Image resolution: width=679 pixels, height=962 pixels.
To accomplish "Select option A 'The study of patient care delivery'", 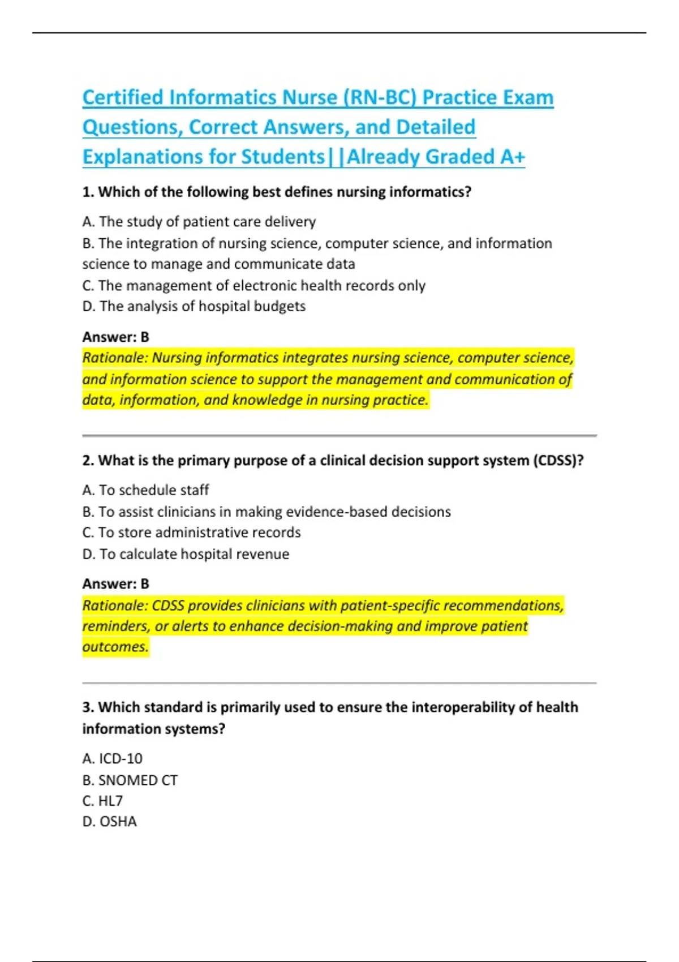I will click(199, 222).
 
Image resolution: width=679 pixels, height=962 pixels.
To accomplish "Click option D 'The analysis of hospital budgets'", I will click(194, 306).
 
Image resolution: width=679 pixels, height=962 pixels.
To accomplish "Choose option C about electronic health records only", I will click(253, 286).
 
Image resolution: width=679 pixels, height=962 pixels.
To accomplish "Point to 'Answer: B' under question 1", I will click(115, 337).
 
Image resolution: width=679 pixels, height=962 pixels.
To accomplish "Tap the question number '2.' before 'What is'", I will click(88, 461).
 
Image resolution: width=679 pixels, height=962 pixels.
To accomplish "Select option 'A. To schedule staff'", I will click(145, 490).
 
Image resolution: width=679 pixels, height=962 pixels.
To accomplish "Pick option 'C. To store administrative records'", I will click(191, 532).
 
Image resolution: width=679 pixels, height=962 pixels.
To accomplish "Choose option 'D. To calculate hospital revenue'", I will click(186, 554).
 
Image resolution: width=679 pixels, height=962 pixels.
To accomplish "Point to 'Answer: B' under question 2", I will click(115, 584).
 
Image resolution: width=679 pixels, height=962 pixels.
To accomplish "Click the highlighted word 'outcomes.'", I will click(115, 647).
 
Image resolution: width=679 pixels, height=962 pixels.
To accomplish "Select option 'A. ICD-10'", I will click(112, 759).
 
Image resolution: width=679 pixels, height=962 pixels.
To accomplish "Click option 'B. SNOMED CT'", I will click(130, 780).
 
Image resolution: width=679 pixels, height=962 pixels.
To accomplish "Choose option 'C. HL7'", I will click(102, 801).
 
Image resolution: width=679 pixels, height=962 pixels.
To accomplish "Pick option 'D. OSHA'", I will click(109, 822).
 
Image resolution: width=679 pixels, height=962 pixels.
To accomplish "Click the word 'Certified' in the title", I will click(123, 98).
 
